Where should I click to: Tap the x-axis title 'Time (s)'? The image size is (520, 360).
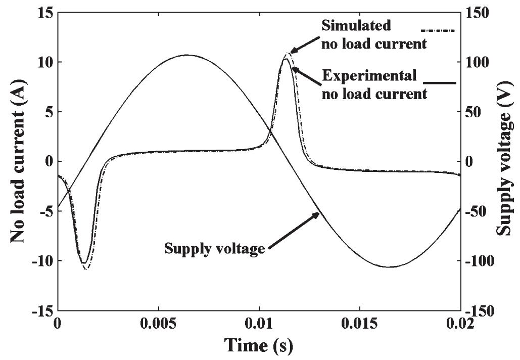click(259, 346)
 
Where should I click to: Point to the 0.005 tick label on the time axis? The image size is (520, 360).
click(159, 325)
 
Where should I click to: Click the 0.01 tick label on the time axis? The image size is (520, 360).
click(259, 325)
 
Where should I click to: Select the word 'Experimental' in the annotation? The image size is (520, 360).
click(369, 76)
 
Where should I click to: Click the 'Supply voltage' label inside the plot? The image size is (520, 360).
click(215, 248)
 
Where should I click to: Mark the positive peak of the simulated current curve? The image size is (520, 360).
click(289, 53)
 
